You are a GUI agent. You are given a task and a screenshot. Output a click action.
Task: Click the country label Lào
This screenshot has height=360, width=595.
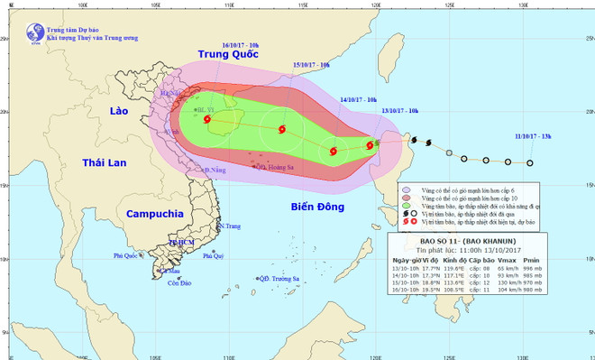tap(119, 110)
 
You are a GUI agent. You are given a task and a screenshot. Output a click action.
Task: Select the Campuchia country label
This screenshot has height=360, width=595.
tap(155, 215)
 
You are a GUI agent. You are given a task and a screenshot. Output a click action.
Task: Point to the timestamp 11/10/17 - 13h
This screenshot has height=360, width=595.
tap(533, 136)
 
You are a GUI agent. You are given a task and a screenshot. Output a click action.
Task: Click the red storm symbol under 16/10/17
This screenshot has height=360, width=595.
tap(207, 120)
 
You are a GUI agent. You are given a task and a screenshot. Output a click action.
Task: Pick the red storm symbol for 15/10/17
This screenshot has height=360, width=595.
tap(281, 130)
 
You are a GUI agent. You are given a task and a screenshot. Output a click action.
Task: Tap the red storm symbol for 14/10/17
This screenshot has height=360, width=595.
tap(334, 151)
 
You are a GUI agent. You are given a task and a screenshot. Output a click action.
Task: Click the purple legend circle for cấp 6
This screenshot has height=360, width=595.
tap(407, 189)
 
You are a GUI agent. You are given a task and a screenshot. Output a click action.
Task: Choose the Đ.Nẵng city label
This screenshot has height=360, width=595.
tap(214, 170)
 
